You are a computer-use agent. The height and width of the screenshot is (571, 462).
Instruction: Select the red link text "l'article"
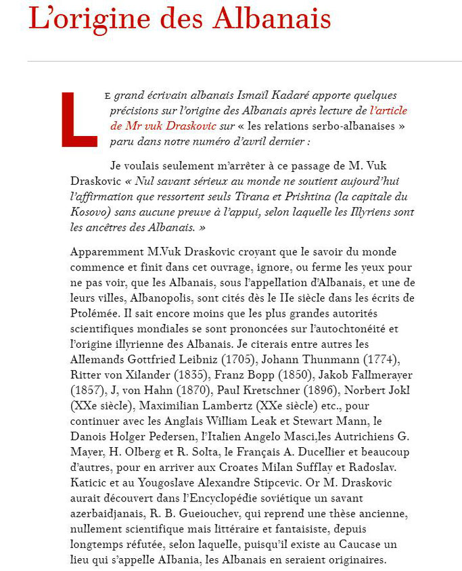pos(388,110)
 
